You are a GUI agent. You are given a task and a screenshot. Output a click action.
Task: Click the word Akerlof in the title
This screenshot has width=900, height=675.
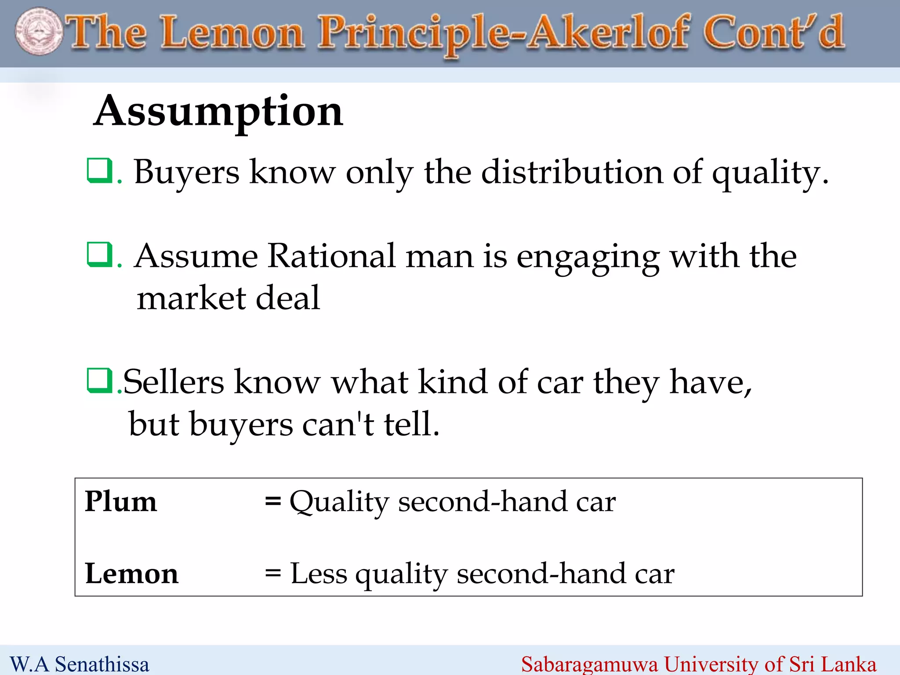pos(609,33)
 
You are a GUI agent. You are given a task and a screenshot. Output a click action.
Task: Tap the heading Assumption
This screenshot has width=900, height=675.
pos(218,112)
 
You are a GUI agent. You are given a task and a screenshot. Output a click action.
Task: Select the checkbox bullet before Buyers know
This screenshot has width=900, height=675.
pos(99,171)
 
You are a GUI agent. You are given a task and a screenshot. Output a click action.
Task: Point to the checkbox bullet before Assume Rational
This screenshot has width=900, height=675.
pos(99,254)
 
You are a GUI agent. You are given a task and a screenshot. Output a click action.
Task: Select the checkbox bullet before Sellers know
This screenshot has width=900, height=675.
pos(99,380)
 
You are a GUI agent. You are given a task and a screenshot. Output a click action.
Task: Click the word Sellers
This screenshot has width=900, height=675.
pos(174,381)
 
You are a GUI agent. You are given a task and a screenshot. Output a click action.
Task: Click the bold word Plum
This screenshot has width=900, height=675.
pos(121,501)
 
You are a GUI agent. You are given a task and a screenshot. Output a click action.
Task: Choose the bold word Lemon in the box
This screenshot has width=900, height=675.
pos(132,573)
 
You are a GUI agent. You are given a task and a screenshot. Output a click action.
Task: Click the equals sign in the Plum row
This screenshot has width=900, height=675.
pos(273,501)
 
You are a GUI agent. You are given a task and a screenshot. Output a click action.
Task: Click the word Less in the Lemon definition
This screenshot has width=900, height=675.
pos(319,573)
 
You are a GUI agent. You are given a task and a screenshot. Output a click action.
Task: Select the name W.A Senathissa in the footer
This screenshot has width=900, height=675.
pos(80,664)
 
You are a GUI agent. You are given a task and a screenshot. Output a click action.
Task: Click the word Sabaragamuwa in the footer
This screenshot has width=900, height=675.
pos(589,664)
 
